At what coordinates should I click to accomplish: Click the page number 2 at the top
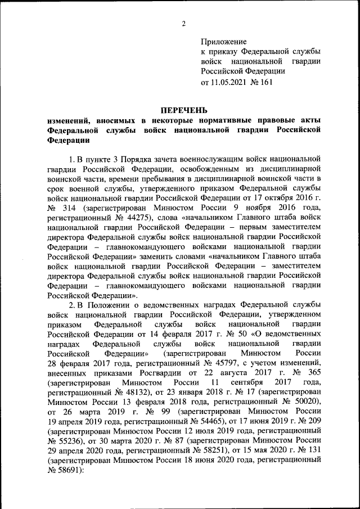point(184,23)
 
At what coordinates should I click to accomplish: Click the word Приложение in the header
point(224,42)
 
